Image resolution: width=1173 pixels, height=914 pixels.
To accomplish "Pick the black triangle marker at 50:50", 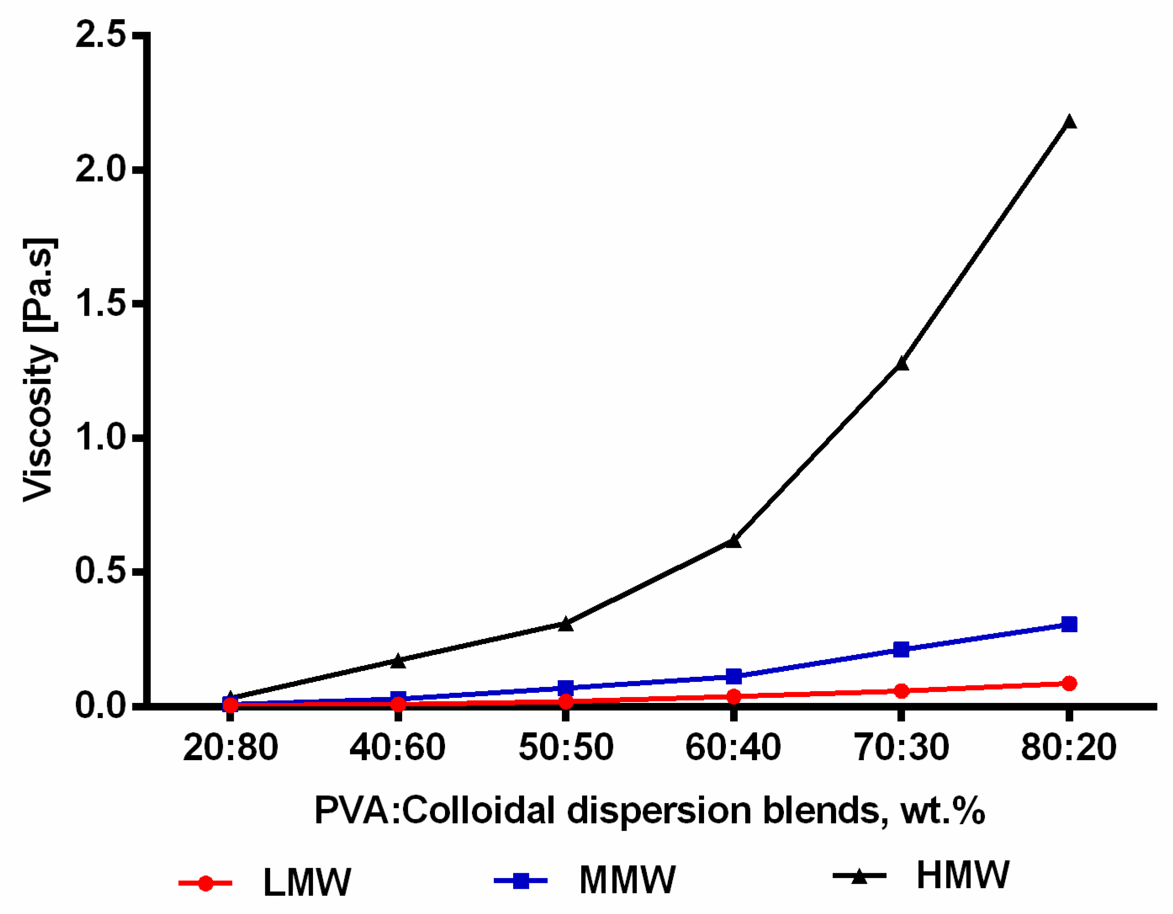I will tap(566, 624).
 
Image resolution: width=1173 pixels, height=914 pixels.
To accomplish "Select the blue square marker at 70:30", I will tap(902, 649).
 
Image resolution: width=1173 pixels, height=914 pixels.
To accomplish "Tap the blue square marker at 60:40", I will tap(733, 676).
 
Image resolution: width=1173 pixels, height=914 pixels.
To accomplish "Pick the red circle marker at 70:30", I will tap(902, 691).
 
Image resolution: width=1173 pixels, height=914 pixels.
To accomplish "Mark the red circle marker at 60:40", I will tap(733, 697).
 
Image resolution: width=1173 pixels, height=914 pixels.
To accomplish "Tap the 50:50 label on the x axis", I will tap(566, 748).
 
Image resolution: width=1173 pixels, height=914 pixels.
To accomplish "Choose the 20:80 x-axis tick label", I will tap(230, 748).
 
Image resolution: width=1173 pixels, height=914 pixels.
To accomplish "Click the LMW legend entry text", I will tap(307, 882).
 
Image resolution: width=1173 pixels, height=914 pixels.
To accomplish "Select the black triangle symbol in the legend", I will tap(859, 877).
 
